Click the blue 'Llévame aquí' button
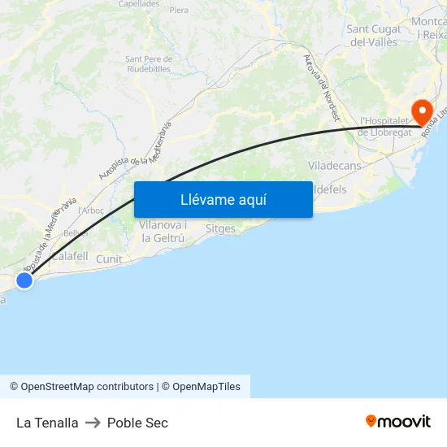tap(223, 200)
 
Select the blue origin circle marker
tap(24, 280)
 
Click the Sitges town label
tap(220, 229)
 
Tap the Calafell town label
tap(69, 256)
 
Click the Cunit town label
tap(109, 259)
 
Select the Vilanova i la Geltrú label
tap(163, 232)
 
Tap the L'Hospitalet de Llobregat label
tap(386, 126)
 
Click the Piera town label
tap(179, 11)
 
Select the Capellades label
tap(139, 3)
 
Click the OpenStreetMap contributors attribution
tap(81, 387)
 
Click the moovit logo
tap(397, 422)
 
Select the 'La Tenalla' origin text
tap(47, 423)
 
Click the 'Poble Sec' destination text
tap(137, 423)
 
